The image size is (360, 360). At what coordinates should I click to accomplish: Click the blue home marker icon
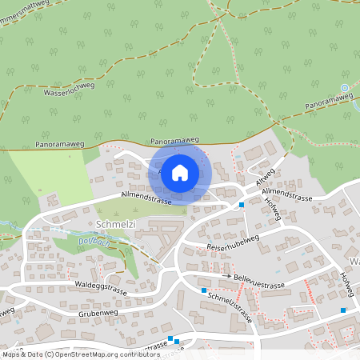(x=180, y=172)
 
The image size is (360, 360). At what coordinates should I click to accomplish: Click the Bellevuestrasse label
(x=261, y=285)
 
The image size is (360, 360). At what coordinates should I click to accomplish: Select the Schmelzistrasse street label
(x=230, y=306)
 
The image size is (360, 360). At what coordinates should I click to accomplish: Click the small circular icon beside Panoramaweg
(x=345, y=88)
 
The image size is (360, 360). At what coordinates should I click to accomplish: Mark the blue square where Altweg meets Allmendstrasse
(x=242, y=206)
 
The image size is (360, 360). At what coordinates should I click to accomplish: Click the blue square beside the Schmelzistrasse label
(x=205, y=290)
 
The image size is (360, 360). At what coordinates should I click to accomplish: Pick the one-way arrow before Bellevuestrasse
(x=227, y=277)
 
